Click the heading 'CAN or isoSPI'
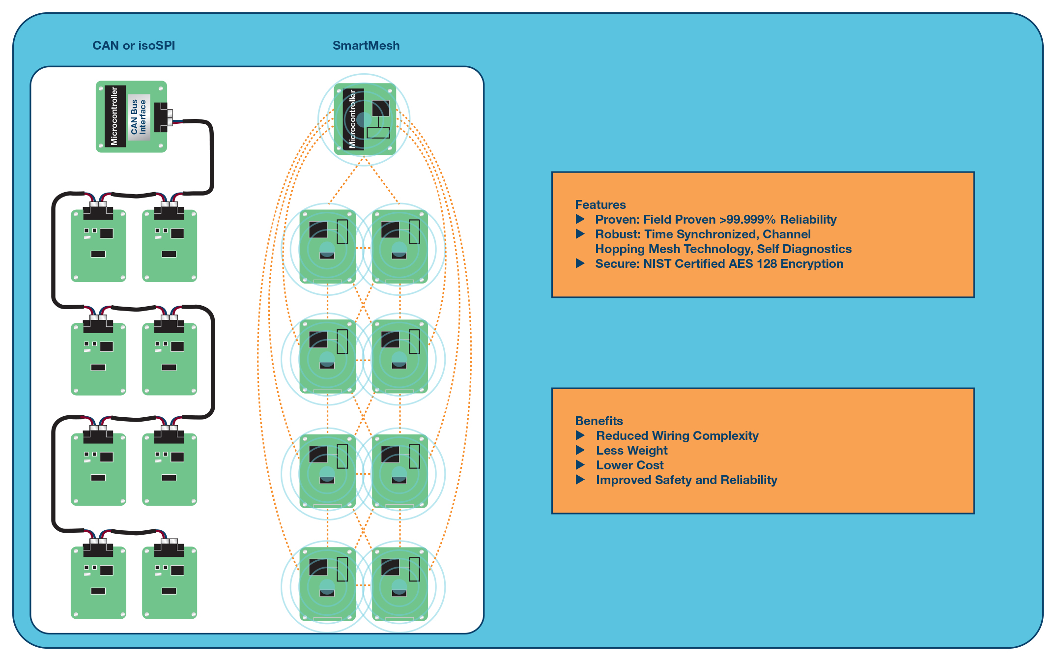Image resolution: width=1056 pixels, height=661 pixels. click(134, 46)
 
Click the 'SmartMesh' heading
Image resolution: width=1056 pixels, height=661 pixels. click(366, 46)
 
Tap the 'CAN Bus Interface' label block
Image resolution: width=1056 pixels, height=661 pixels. click(139, 117)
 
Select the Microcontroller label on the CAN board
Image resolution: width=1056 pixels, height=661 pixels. click(114, 116)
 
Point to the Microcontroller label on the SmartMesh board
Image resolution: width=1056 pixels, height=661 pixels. click(353, 119)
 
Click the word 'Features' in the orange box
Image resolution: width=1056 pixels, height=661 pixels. click(600, 204)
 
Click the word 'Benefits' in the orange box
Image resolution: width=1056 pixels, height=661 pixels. click(599, 421)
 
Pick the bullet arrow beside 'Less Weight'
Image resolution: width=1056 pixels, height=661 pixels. click(580, 450)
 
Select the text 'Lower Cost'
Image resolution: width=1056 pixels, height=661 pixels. click(630, 465)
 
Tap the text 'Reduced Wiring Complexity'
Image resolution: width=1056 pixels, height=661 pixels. click(677, 435)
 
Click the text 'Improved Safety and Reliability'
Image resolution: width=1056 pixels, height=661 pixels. click(686, 480)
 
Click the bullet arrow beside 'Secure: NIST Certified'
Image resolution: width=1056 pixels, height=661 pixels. click(580, 263)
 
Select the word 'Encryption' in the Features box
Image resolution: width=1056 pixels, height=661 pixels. click(812, 264)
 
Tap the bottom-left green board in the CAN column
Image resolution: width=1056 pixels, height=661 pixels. click(98, 582)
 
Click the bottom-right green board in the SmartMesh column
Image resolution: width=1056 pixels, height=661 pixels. click(400, 584)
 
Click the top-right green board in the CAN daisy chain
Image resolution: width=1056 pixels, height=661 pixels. click(170, 245)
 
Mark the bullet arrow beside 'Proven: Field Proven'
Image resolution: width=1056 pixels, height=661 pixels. click(580, 219)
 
